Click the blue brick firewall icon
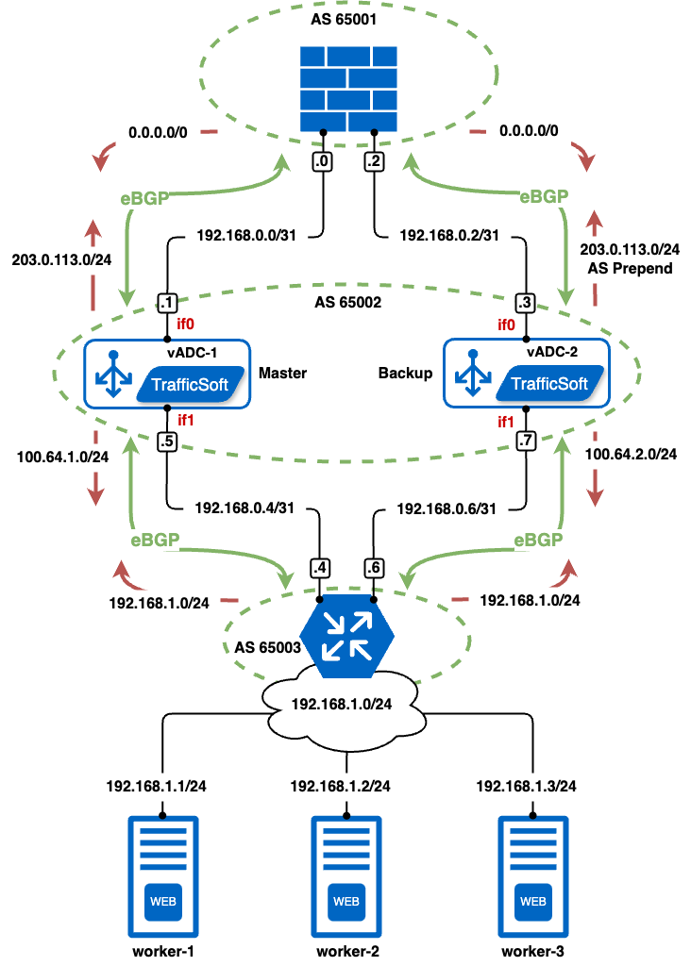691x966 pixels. pos(347,89)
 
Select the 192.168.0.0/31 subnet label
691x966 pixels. pos(252,236)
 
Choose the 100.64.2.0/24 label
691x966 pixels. pos(631,454)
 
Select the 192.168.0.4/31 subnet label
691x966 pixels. pos(244,508)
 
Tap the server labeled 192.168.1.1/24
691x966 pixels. pos(163,875)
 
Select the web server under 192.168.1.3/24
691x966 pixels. pos(533,875)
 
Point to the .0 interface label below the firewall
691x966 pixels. pos(322,162)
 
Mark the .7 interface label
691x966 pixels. pos(527,441)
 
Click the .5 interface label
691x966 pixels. pos(167,441)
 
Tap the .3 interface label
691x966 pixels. pos(526,303)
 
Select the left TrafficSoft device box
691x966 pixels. pos(168,374)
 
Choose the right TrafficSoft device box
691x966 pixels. pos(527,374)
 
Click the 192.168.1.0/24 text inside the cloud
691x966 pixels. pos(341,704)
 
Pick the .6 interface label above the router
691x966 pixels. pos(374,568)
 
